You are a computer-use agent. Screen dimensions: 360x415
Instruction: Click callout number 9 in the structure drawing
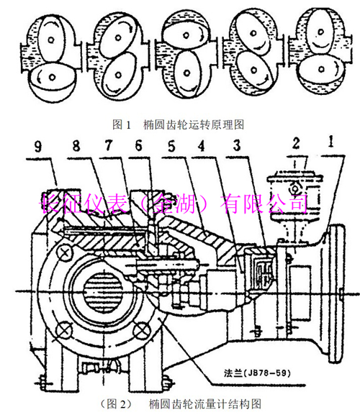38,146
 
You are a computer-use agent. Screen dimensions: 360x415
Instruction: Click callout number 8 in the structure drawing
76,145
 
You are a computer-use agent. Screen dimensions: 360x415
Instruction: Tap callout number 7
109,145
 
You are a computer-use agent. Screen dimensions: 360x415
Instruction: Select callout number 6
138,145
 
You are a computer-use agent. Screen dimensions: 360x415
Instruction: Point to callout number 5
172,146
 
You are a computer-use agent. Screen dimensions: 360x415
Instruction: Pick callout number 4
202,145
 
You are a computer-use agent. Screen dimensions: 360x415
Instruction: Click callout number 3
237,145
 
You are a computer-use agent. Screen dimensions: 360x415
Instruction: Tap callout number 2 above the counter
296,143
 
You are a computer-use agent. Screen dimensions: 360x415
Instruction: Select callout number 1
330,142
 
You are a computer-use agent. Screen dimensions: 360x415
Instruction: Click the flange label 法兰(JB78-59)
257,373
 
